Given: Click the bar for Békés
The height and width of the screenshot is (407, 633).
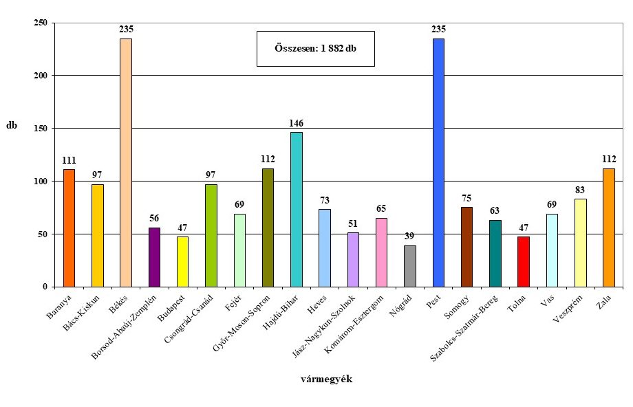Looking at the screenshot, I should pos(126,162).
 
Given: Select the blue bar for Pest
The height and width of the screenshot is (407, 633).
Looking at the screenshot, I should pos(438,162).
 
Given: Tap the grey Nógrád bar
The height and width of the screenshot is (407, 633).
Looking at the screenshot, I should pos(410,266).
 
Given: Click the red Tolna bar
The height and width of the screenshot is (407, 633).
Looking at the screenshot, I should pos(524,262).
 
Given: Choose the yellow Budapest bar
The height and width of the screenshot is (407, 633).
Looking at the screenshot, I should pos(182,262).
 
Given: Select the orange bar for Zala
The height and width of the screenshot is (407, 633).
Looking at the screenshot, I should pos(609,228).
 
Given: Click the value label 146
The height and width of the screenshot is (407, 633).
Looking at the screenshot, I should pos(297,124).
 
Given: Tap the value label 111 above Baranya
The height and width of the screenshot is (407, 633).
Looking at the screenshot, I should pos(69,161).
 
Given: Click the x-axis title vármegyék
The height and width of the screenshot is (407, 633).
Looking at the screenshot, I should pos(327,379).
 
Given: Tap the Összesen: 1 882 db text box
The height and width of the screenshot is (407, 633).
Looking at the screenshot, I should pos(315,49).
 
